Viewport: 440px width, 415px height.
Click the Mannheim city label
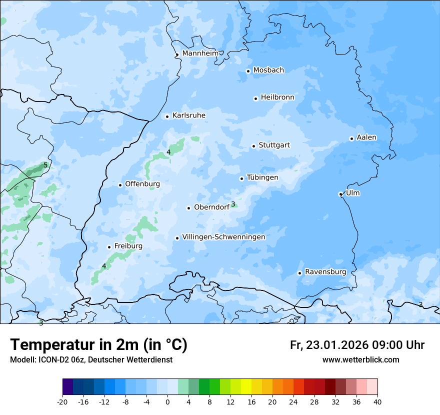pyautogui.click(x=200, y=53)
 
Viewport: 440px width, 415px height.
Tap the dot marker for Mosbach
pyautogui.click(x=248, y=71)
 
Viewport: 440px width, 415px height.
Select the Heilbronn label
pyautogui.click(x=277, y=97)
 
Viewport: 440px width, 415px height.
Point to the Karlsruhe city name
pyautogui.click(x=189, y=115)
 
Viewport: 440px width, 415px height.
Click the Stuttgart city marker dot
pyautogui.click(x=253, y=146)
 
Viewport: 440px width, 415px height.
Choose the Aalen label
pyautogui.click(x=366, y=137)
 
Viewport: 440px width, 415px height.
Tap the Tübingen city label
pyautogui.click(x=262, y=177)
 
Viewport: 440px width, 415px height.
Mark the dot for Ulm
pyautogui.click(x=340, y=194)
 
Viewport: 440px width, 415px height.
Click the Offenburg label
pyautogui.click(x=142, y=184)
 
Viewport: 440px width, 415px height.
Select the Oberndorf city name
pyautogui.click(x=211, y=207)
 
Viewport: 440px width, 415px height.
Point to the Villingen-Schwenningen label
pyautogui.click(x=223, y=237)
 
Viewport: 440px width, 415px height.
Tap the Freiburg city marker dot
pyautogui.click(x=109, y=247)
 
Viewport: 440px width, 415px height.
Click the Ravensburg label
pyautogui.click(x=325, y=272)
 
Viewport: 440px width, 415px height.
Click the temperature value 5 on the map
pyautogui.click(x=45, y=165)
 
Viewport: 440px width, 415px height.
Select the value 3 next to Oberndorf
pyautogui.click(x=233, y=204)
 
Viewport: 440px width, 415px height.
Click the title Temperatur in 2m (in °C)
pyautogui.click(x=99, y=344)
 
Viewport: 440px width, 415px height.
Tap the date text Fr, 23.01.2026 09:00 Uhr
pyautogui.click(x=357, y=345)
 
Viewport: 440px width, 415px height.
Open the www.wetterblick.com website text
pyautogui.click(x=360, y=359)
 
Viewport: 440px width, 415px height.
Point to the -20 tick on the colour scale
pyautogui.click(x=62, y=402)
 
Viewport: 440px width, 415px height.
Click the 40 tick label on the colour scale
pyautogui.click(x=377, y=402)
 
